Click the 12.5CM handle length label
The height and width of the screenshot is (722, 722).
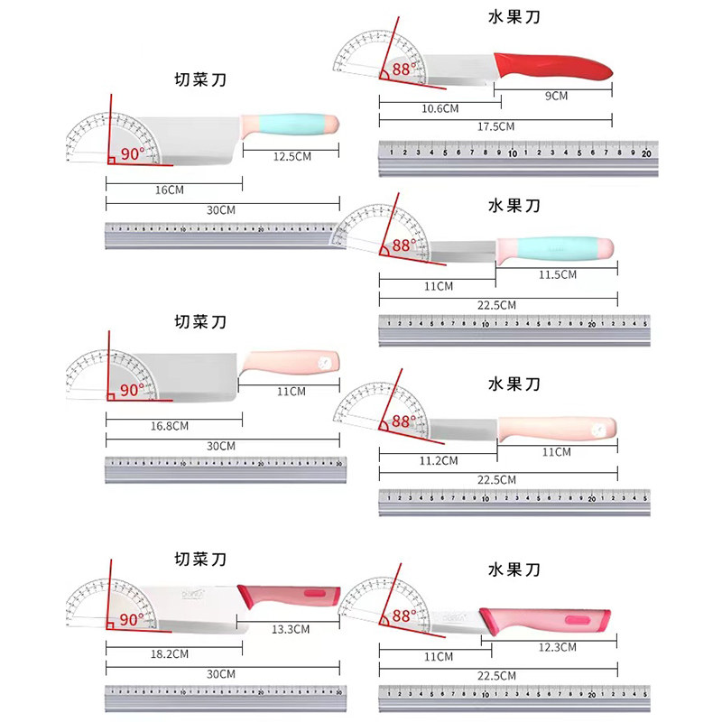[x=292, y=156]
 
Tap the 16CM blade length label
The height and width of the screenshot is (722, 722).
[x=170, y=190]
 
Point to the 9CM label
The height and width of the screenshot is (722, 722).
[x=555, y=95]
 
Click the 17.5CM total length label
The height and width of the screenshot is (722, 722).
[x=495, y=126]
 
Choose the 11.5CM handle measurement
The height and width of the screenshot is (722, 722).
[x=557, y=274]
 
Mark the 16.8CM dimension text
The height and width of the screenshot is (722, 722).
[x=170, y=425]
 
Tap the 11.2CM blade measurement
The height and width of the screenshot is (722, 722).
[x=440, y=460]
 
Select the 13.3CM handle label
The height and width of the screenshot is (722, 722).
[x=291, y=629]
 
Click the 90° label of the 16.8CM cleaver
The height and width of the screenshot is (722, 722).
[x=132, y=391]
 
